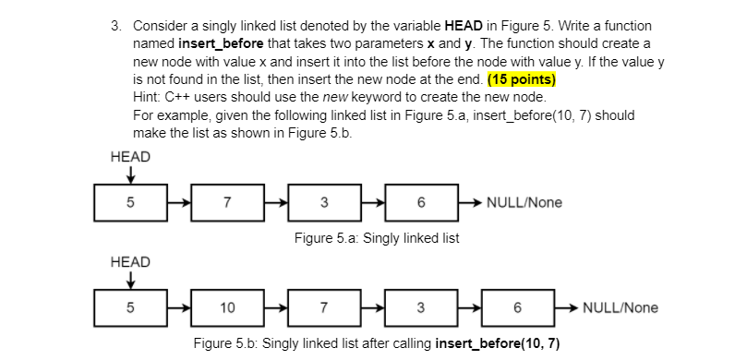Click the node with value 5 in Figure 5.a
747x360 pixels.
[x=129, y=202]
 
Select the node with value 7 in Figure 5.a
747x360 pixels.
[x=227, y=202]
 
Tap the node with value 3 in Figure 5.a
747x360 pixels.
[x=323, y=202]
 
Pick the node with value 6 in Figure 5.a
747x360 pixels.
[x=420, y=202]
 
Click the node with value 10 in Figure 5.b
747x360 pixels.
[x=227, y=307]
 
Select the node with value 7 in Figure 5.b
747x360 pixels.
[x=323, y=307]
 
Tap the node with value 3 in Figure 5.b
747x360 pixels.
[x=420, y=307]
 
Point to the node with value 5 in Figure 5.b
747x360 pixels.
[x=129, y=307]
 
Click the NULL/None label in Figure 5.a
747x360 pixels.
[x=524, y=202]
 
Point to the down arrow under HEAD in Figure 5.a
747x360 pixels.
[x=130, y=174]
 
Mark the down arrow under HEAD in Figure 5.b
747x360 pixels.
[x=130, y=279]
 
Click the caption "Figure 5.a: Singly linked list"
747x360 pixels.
[x=376, y=238]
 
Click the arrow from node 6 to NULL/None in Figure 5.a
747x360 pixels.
[x=473, y=202]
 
